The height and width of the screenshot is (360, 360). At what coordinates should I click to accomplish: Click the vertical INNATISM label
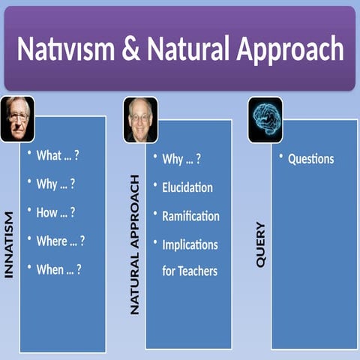(x=9, y=244)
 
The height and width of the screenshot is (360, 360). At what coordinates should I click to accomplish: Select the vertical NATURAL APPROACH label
(x=135, y=244)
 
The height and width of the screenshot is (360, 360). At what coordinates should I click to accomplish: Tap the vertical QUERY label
(x=261, y=244)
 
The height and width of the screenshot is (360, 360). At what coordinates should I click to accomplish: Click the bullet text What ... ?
(x=58, y=155)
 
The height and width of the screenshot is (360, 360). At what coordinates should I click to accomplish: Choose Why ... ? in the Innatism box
(x=55, y=184)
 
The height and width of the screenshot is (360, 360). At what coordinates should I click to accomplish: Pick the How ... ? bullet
(x=56, y=212)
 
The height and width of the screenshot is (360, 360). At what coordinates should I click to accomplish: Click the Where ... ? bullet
(x=60, y=241)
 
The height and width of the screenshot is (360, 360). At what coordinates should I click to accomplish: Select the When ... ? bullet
(x=58, y=269)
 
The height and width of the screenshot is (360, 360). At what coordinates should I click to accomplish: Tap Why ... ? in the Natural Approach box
(x=181, y=158)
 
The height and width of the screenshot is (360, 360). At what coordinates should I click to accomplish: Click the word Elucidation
(x=187, y=187)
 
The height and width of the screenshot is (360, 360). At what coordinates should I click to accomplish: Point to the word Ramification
(x=190, y=215)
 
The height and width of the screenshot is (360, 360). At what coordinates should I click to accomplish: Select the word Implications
(x=190, y=244)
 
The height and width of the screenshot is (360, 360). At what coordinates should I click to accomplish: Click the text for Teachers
(x=190, y=271)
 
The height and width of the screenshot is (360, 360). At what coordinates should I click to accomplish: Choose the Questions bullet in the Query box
(x=310, y=159)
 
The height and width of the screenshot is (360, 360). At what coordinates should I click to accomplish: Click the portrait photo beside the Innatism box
(x=16, y=118)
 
